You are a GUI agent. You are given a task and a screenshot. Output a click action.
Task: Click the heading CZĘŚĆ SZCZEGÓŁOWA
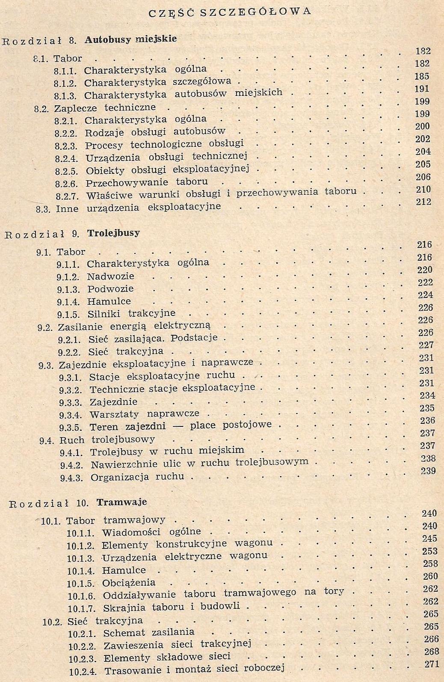tap(229, 12)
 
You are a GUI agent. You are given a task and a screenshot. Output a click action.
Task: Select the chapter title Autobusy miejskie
tap(130, 39)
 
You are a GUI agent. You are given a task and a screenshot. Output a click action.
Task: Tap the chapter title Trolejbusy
tap(113, 233)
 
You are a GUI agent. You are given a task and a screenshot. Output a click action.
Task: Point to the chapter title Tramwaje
tap(121, 502)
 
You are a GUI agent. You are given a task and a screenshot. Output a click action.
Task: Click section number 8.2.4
tap(66, 158)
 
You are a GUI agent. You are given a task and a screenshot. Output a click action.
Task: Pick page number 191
tap(422, 89)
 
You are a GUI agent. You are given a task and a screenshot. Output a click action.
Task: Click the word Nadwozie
tap(110, 277)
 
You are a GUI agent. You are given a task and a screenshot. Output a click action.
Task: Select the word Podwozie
tap(110, 289)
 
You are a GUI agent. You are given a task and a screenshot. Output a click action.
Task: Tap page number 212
tap(423, 202)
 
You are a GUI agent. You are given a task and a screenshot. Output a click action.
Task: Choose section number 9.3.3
tap(70, 403)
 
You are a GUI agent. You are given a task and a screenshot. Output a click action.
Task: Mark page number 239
tap(428, 471)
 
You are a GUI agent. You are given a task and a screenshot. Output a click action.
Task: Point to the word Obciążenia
tap(129, 583)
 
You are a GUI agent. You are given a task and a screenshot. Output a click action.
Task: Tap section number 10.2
tap(52, 621)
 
